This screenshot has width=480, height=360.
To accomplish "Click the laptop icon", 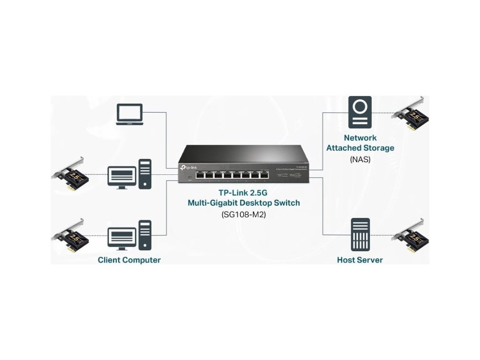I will pyautogui.click(x=129, y=115).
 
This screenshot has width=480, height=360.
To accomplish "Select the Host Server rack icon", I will pyautogui.click(x=360, y=234).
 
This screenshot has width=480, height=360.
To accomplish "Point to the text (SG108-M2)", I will pyautogui.click(x=243, y=215).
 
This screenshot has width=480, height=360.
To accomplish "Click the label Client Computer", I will pyautogui.click(x=129, y=260).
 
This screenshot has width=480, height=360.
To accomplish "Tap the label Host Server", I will pyautogui.click(x=360, y=260).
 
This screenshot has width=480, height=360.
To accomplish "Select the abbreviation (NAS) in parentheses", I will pyautogui.click(x=360, y=159).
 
